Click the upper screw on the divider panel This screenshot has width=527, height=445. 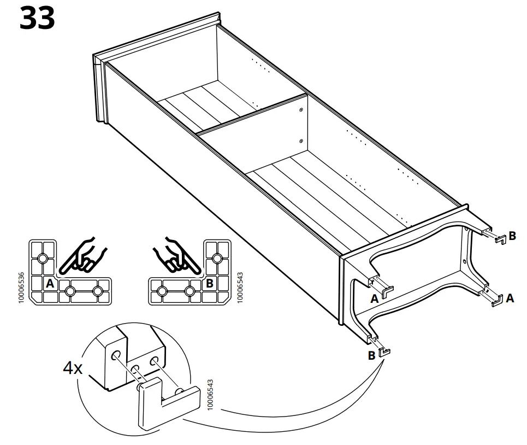point(301,110)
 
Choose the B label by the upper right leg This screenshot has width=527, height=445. point(512,236)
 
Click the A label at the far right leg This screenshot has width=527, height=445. point(510,298)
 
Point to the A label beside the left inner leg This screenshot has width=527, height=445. point(374,298)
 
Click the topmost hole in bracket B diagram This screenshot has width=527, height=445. point(216,257)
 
